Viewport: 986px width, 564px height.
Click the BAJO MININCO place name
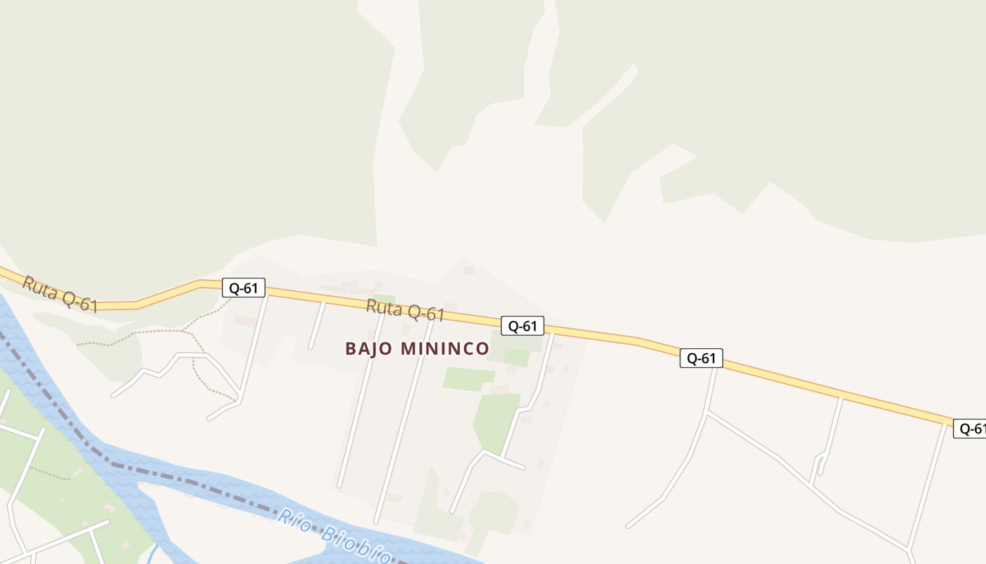[x=417, y=348]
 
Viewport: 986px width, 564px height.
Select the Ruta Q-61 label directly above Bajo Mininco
[x=405, y=310]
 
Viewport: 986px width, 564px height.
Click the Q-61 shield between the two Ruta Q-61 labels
[x=244, y=288]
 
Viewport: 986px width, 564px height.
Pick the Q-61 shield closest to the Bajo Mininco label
[x=523, y=326]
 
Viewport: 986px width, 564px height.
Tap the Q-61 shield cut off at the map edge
[x=970, y=428]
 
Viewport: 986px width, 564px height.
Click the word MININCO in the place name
[x=445, y=348]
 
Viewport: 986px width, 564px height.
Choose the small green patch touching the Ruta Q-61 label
[x=384, y=299]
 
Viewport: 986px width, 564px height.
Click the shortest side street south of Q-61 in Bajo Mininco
[x=316, y=325]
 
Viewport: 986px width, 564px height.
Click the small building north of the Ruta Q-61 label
[x=469, y=270]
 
